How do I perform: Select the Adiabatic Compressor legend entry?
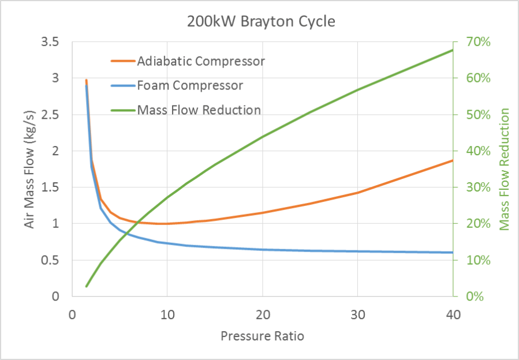[200, 61]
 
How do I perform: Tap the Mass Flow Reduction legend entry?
[199, 110]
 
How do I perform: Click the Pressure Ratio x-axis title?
[262, 335]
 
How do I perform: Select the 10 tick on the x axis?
[167, 315]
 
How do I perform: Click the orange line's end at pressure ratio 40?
[453, 160]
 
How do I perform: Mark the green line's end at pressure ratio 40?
[453, 50]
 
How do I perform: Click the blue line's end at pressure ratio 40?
[453, 252]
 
